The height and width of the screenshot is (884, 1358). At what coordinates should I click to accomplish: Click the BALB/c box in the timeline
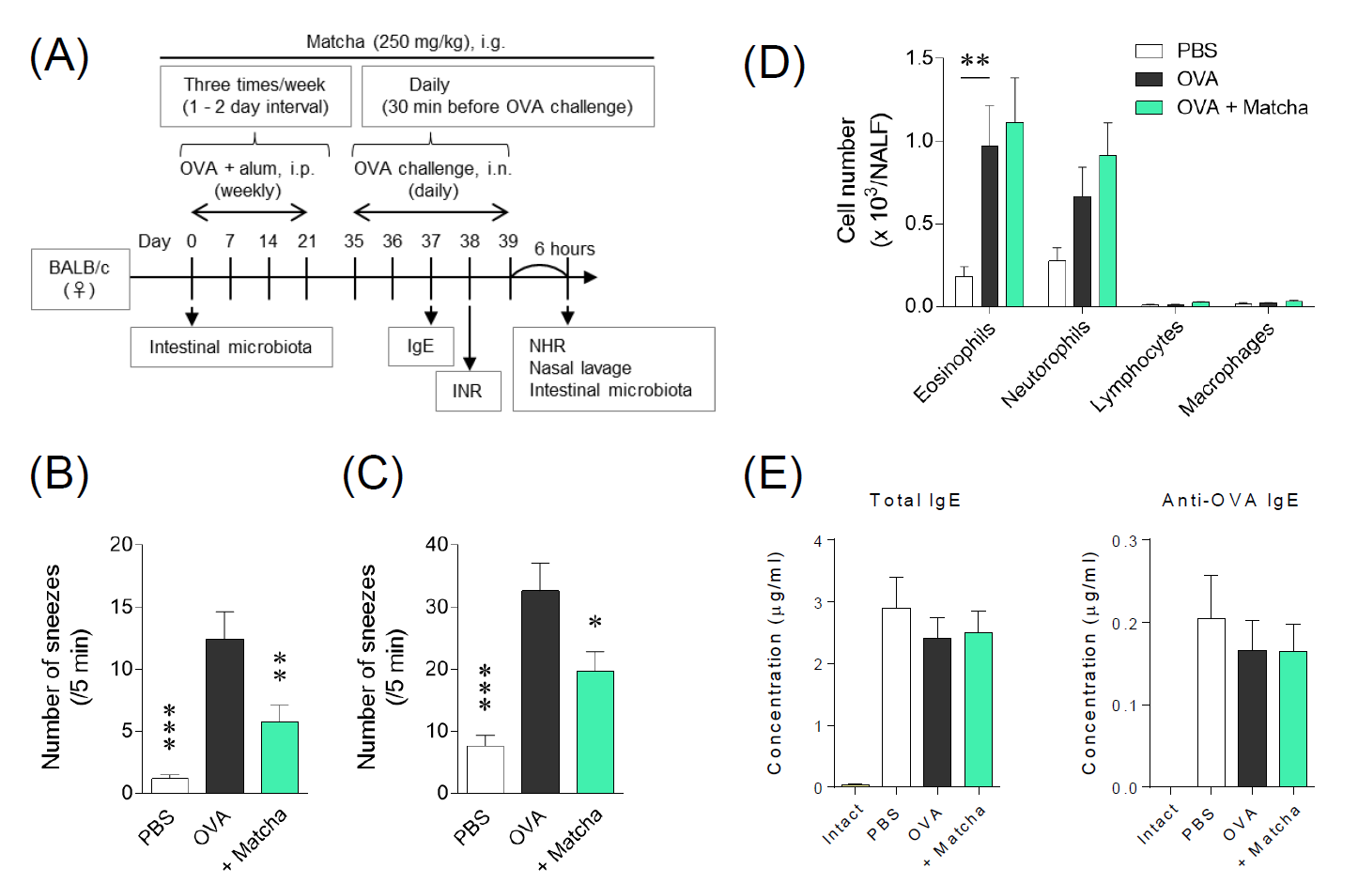pyautogui.click(x=80, y=279)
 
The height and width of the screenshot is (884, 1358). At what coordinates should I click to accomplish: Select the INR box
pyautogui.click(x=468, y=391)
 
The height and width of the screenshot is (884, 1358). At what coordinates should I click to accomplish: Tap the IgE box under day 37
pyautogui.click(x=421, y=347)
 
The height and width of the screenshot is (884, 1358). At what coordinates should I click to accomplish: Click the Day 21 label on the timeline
pyautogui.click(x=307, y=241)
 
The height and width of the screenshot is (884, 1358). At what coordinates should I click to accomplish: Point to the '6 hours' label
pyautogui.click(x=564, y=249)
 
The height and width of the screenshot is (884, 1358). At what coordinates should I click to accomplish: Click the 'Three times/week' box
pyautogui.click(x=255, y=96)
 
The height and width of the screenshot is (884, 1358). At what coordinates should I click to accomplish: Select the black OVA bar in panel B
pyautogui.click(x=224, y=716)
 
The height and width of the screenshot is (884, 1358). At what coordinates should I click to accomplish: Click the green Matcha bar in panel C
pyautogui.click(x=594, y=732)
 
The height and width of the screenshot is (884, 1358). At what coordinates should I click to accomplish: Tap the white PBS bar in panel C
pyautogui.click(x=485, y=769)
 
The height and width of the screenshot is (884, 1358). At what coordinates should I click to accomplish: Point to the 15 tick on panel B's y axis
pyautogui.click(x=121, y=607)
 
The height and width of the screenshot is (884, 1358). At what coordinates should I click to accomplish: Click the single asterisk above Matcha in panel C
pyautogui.click(x=594, y=623)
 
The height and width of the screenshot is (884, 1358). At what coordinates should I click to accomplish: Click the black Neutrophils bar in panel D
pyautogui.click(x=1082, y=251)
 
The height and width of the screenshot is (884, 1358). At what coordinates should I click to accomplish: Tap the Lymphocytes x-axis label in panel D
pyautogui.click(x=1138, y=366)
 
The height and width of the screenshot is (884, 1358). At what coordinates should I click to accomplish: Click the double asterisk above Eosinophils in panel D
pyautogui.click(x=975, y=62)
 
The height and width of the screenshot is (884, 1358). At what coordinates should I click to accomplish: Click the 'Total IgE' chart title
pyautogui.click(x=915, y=501)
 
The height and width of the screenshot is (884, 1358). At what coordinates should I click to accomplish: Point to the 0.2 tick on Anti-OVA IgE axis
pyautogui.click(x=1124, y=624)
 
